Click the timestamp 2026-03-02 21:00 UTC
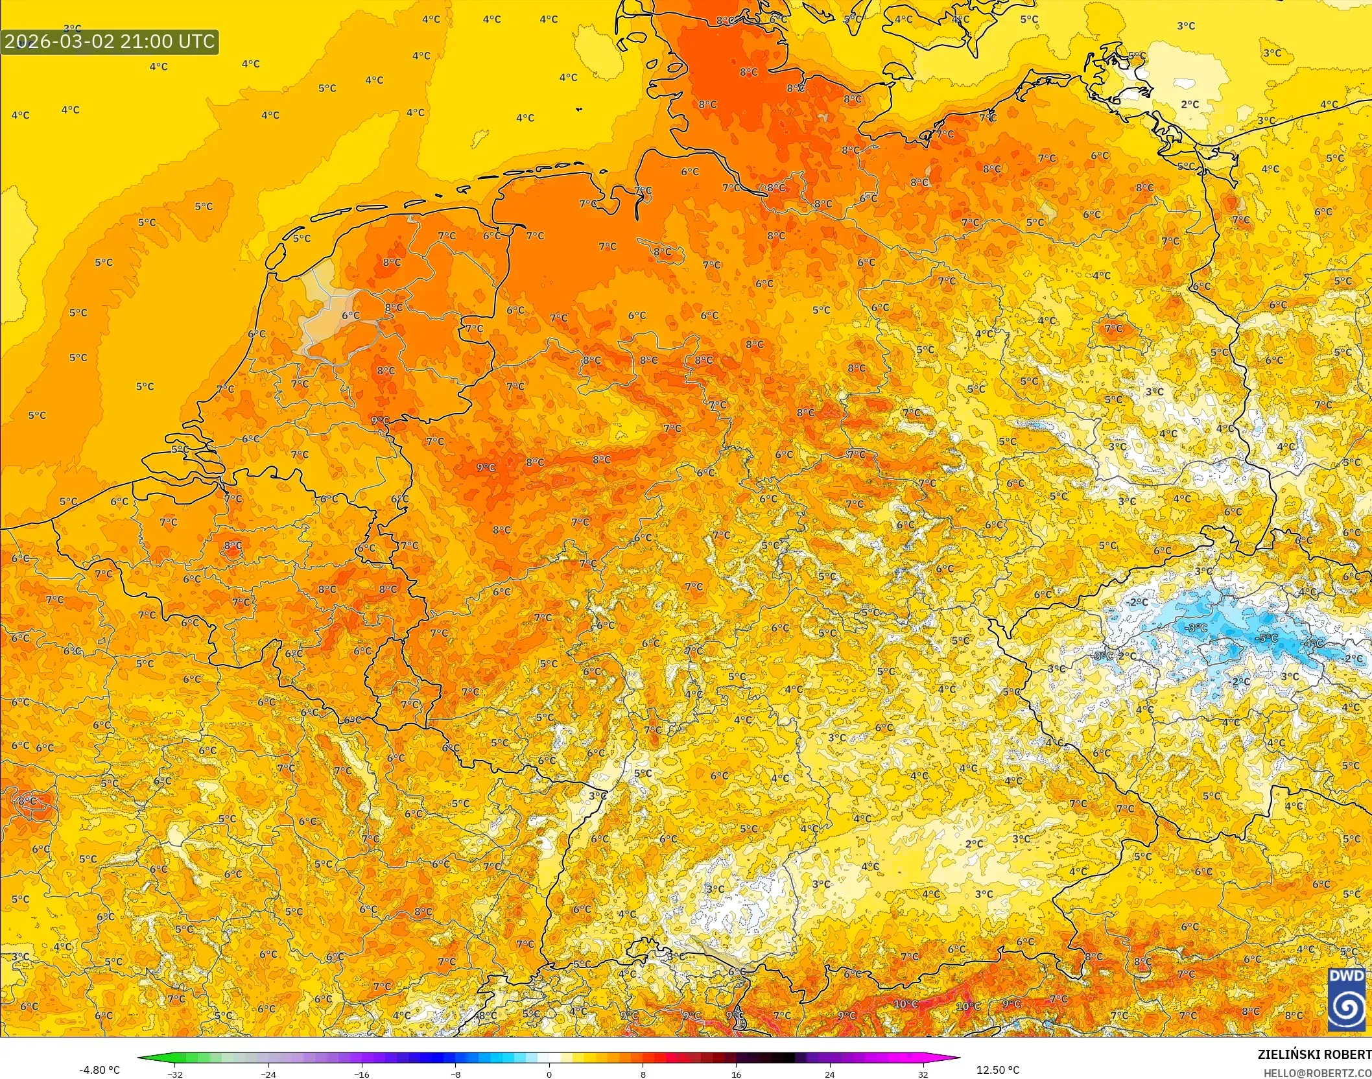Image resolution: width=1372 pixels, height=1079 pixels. (110, 41)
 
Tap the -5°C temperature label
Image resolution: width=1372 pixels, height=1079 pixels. (1268, 638)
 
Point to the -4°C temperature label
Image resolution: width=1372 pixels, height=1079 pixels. (1313, 643)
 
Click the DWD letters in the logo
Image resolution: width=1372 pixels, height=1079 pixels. (1346, 977)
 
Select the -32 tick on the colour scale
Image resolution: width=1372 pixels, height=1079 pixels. (175, 1074)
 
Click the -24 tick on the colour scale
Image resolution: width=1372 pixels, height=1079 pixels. (268, 1074)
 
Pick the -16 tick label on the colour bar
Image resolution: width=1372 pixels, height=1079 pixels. (362, 1074)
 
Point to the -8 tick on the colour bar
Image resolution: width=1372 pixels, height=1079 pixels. (456, 1074)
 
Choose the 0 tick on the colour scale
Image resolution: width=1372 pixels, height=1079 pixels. (549, 1074)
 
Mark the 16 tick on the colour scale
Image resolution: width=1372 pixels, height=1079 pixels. (736, 1074)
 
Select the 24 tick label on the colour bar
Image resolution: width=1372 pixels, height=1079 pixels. (829, 1074)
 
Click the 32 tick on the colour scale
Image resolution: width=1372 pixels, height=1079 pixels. (923, 1074)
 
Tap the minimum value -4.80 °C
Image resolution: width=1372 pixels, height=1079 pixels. (99, 1070)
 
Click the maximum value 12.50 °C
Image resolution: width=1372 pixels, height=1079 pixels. (998, 1070)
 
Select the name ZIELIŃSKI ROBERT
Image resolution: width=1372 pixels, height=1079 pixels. (1314, 1054)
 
